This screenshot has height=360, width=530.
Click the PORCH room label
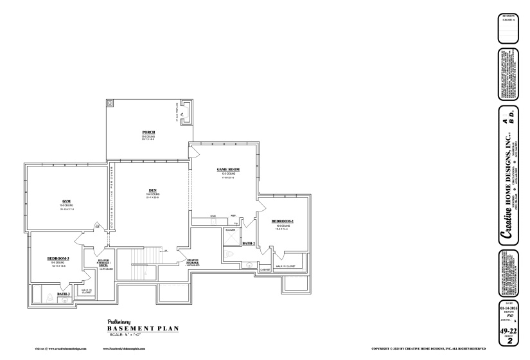(148, 132)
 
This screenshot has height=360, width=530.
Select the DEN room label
(153, 190)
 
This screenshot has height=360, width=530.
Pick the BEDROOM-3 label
(58, 258)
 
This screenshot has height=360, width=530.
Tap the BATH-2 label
(249, 244)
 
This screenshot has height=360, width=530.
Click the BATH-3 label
(64, 294)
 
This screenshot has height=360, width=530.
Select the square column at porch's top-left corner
(110, 104)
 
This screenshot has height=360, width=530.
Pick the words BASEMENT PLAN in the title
(143, 328)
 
